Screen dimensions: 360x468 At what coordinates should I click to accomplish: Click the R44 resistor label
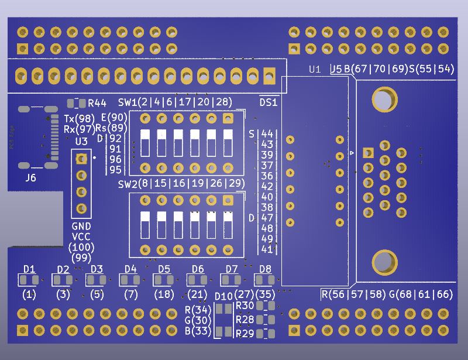coord(97,104)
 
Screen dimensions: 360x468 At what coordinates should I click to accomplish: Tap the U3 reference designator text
coord(81,141)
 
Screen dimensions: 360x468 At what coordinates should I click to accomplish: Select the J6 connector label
coord(30,177)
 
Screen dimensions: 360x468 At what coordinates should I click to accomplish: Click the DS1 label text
coord(268,102)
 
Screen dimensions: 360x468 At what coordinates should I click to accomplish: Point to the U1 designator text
coord(315,69)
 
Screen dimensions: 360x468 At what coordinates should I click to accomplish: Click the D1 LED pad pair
coord(30,280)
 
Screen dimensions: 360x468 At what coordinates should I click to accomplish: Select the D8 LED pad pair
coord(265,280)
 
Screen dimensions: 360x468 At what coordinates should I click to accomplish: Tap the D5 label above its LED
coord(164,269)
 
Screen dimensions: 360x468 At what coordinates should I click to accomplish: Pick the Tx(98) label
coord(79,119)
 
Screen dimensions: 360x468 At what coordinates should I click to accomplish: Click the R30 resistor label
coord(244,306)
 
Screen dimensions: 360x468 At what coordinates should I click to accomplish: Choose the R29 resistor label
coord(244,334)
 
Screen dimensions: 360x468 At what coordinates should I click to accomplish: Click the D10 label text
coord(224,296)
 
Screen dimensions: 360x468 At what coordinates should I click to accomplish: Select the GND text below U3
coord(81,226)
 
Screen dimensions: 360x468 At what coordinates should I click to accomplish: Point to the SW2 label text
coord(127,184)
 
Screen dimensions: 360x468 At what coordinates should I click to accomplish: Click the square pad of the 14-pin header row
coord(270,75)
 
